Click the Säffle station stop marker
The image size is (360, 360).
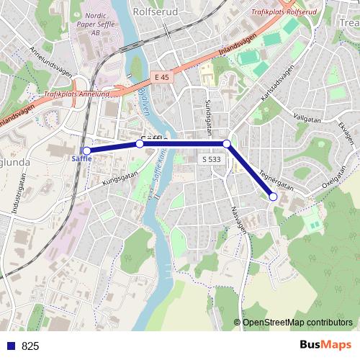[x=86, y=150]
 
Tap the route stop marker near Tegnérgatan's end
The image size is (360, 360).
[x=274, y=197]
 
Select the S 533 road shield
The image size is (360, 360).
[x=211, y=159]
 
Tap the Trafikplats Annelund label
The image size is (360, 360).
[x=76, y=94]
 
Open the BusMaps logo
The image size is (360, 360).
[x=325, y=345]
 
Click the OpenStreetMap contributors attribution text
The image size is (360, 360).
[x=297, y=322]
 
